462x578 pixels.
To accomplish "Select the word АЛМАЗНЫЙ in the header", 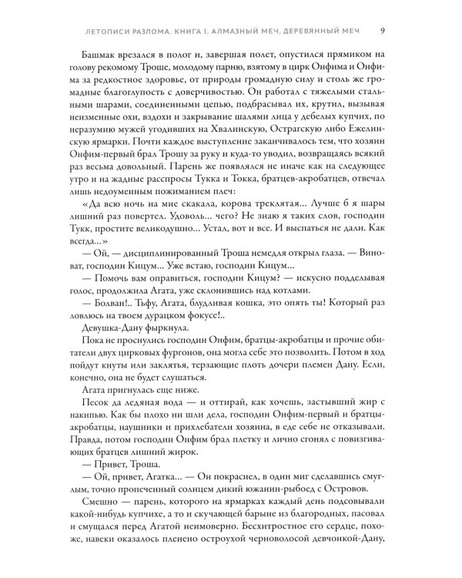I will [231, 31].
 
